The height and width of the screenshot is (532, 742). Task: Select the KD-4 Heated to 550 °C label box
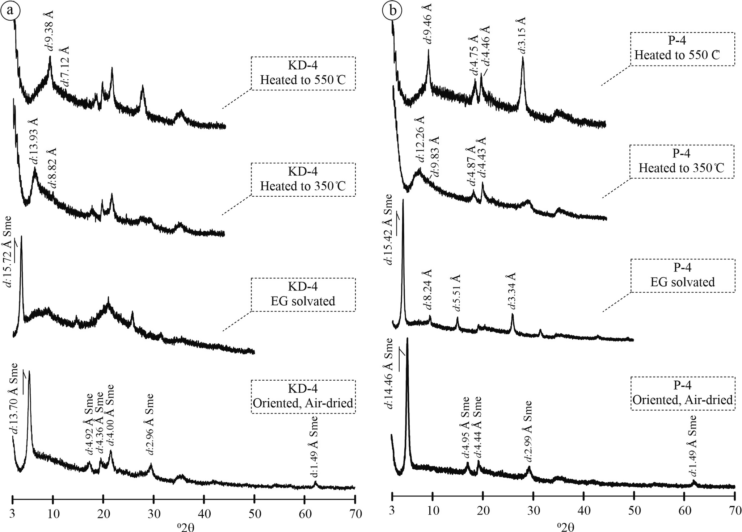[303, 73]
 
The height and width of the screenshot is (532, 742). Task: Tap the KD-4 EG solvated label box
[303, 294]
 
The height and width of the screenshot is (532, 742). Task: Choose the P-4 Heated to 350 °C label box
[682, 161]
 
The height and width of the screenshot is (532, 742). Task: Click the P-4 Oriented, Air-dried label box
[683, 393]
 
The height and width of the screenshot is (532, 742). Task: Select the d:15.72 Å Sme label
[8, 252]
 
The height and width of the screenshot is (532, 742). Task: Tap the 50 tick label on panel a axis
[254, 514]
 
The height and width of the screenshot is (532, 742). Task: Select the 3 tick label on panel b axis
[392, 514]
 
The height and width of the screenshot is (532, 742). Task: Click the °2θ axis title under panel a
[184, 526]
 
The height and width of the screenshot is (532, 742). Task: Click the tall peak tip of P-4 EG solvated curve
[403, 200]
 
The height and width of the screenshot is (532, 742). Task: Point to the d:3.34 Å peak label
[512, 291]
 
